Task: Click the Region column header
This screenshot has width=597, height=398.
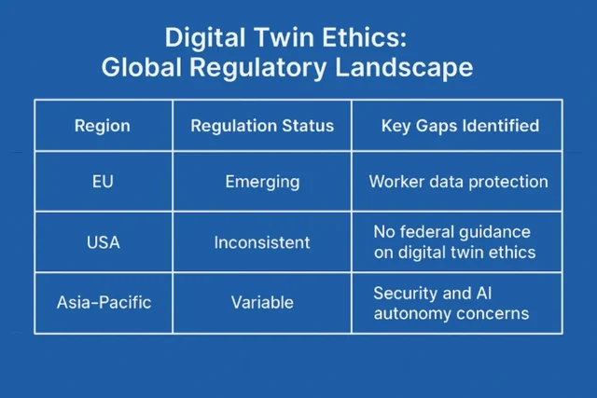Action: pyautogui.click(x=103, y=126)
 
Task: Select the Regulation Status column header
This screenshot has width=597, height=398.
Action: pyautogui.click(x=262, y=126)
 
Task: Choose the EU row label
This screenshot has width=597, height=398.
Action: pyautogui.click(x=103, y=181)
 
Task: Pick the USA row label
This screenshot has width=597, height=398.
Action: pyautogui.click(x=103, y=242)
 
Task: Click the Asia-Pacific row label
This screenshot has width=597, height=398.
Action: pyautogui.click(x=103, y=302)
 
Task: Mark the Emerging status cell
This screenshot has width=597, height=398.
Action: pyautogui.click(x=262, y=181)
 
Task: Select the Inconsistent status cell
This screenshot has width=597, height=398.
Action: pyautogui.click(x=262, y=242)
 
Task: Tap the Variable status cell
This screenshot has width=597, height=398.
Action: pyautogui.click(x=262, y=302)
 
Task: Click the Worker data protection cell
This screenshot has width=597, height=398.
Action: pyautogui.click(x=458, y=181)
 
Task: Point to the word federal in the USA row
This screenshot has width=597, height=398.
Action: pyautogui.click(x=427, y=231)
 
